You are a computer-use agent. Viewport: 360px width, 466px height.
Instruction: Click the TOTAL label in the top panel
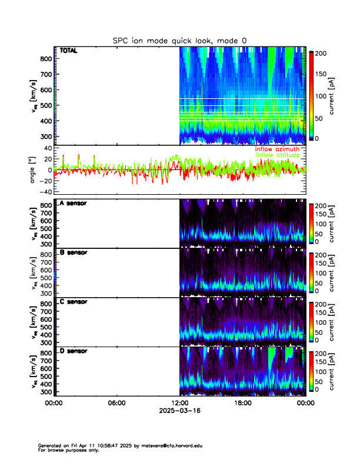69,51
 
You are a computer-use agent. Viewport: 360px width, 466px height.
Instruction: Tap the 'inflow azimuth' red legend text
277,149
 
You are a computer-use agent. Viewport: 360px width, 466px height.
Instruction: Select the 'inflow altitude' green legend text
278,155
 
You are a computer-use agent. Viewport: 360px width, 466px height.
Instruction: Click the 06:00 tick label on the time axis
116,403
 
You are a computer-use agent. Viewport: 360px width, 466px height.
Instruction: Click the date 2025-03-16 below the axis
179,411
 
